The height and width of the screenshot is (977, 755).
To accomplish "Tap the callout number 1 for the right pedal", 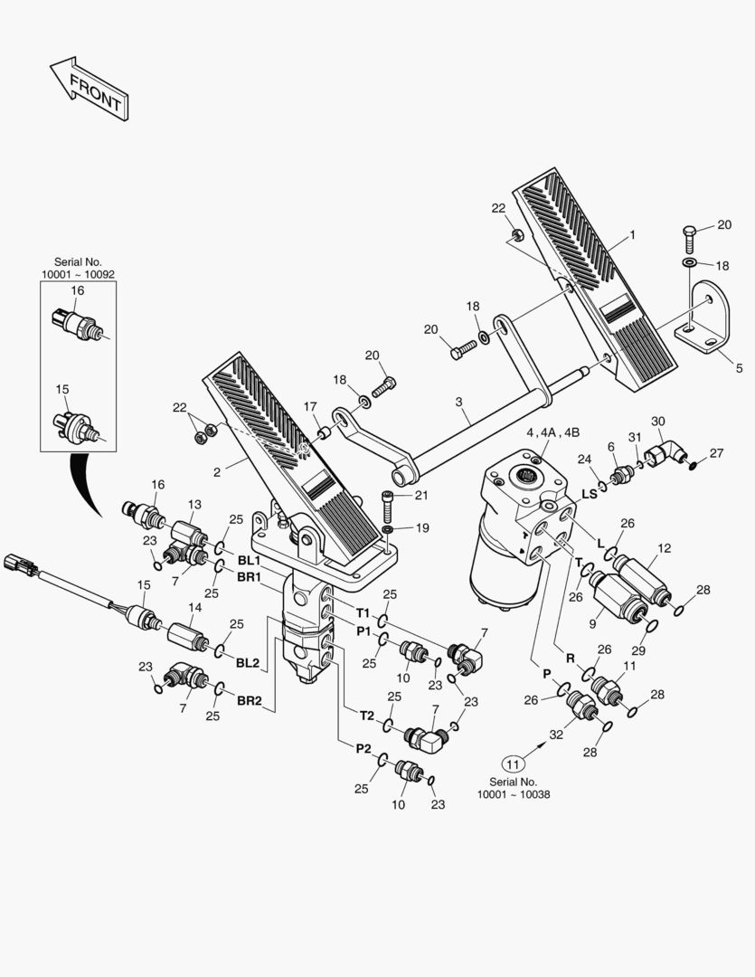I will [x=632, y=235].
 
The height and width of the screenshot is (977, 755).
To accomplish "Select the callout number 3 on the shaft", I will [x=458, y=400].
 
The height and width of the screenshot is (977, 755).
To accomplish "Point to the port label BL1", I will [x=249, y=561].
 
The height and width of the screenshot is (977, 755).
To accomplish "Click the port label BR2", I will [x=249, y=700].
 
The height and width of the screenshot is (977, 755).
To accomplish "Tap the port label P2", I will [x=363, y=747].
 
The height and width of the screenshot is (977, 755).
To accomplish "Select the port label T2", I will [x=366, y=715].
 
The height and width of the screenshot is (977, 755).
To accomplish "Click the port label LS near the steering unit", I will [x=589, y=494].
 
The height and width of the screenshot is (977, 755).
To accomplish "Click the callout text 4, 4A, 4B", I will [x=552, y=432].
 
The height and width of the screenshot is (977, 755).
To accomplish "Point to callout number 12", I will [x=665, y=548].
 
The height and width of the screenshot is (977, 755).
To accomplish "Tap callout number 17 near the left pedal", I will [x=310, y=406].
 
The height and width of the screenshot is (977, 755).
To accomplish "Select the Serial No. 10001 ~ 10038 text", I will [x=513, y=788].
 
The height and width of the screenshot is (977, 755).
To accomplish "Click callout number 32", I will [x=556, y=735].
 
